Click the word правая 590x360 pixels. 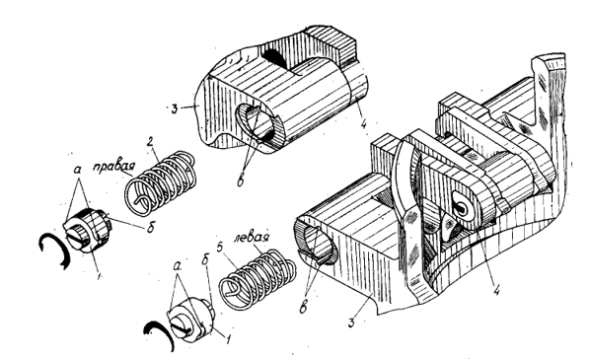pyautogui.click(x=113, y=167)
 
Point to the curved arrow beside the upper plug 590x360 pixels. pyautogui.click(x=55, y=250)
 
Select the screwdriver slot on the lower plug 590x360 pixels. pyautogui.click(x=183, y=325)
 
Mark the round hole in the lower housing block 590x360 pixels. pyautogui.click(x=318, y=244)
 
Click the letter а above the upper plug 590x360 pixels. pyautogui.click(x=78, y=170)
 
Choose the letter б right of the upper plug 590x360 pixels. pyautogui.click(x=151, y=227)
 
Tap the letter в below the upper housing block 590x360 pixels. pyautogui.click(x=240, y=180)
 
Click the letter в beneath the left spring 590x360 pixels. pyautogui.click(x=303, y=306)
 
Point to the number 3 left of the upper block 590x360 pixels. pyautogui.click(x=174, y=109)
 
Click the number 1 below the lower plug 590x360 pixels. pyautogui.click(x=227, y=339)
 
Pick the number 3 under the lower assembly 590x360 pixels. pyautogui.click(x=351, y=323)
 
